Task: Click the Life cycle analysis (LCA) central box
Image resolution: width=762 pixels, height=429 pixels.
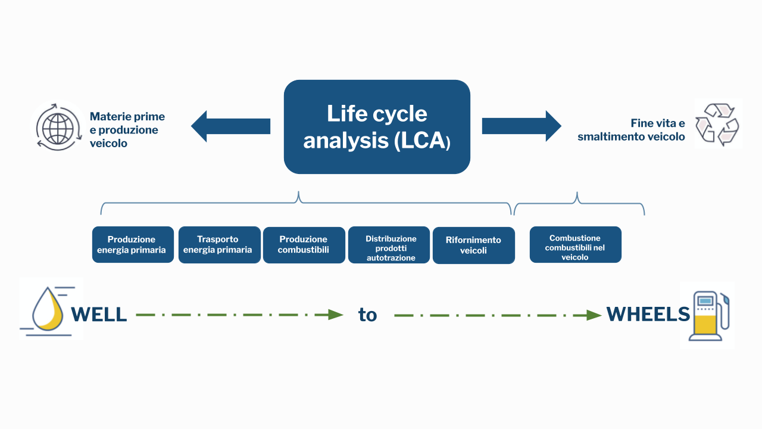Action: tap(377, 127)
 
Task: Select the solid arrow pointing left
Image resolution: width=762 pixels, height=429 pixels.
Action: tap(230, 126)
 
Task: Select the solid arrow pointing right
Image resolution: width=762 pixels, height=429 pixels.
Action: tap(521, 126)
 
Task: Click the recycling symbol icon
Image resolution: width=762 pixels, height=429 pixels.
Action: tap(717, 125)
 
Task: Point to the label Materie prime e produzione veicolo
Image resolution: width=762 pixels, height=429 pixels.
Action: tap(127, 130)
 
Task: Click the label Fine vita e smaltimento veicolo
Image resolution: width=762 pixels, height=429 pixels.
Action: tap(631, 130)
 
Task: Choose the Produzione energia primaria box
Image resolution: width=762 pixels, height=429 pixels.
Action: tap(133, 244)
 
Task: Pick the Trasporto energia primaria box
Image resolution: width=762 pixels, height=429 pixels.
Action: tap(220, 245)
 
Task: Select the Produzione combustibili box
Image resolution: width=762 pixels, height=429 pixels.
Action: tap(304, 245)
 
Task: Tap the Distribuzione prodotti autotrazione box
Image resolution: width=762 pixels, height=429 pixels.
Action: tap(389, 245)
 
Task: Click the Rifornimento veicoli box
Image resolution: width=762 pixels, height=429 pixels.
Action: tap(474, 245)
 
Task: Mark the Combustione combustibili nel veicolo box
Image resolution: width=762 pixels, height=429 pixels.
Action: tap(576, 244)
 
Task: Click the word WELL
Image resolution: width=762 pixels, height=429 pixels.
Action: tap(99, 314)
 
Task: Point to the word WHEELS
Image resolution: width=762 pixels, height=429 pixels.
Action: tap(648, 314)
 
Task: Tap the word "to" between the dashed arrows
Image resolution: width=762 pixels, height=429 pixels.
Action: tap(367, 315)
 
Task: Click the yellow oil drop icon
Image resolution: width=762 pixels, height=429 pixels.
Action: tap(48, 310)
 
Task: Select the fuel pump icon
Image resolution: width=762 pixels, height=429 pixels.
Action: tap(709, 316)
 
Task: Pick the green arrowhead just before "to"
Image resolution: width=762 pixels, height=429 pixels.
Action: tap(336, 315)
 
